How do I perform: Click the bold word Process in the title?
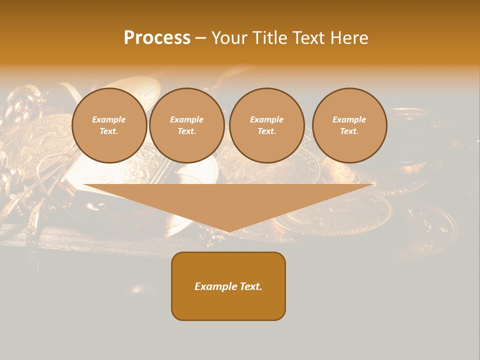coord(157,38)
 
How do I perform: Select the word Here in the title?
coord(349,38)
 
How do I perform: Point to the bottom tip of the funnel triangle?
coord(229,231)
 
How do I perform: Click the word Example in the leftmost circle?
coord(109,119)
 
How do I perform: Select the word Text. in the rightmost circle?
coord(349,131)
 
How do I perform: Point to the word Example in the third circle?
coord(267,119)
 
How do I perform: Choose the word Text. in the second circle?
coord(187,131)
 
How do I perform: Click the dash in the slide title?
coord(200,38)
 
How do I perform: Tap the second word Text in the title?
coord(311,38)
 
